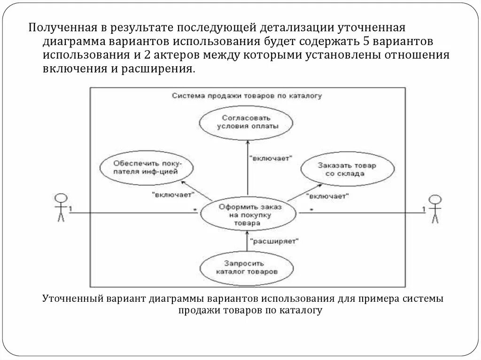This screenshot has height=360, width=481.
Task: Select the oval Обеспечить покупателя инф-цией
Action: (x=146, y=168)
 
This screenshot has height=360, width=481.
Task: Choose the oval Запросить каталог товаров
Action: (x=247, y=267)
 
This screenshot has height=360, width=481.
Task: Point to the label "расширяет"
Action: (x=274, y=241)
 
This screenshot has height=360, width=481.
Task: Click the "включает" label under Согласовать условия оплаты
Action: (x=270, y=159)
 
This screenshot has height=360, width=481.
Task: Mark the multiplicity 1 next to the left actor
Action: (x=70, y=208)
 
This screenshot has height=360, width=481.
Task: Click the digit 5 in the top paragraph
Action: (x=367, y=41)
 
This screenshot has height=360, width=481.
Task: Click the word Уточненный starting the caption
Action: (x=69, y=299)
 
